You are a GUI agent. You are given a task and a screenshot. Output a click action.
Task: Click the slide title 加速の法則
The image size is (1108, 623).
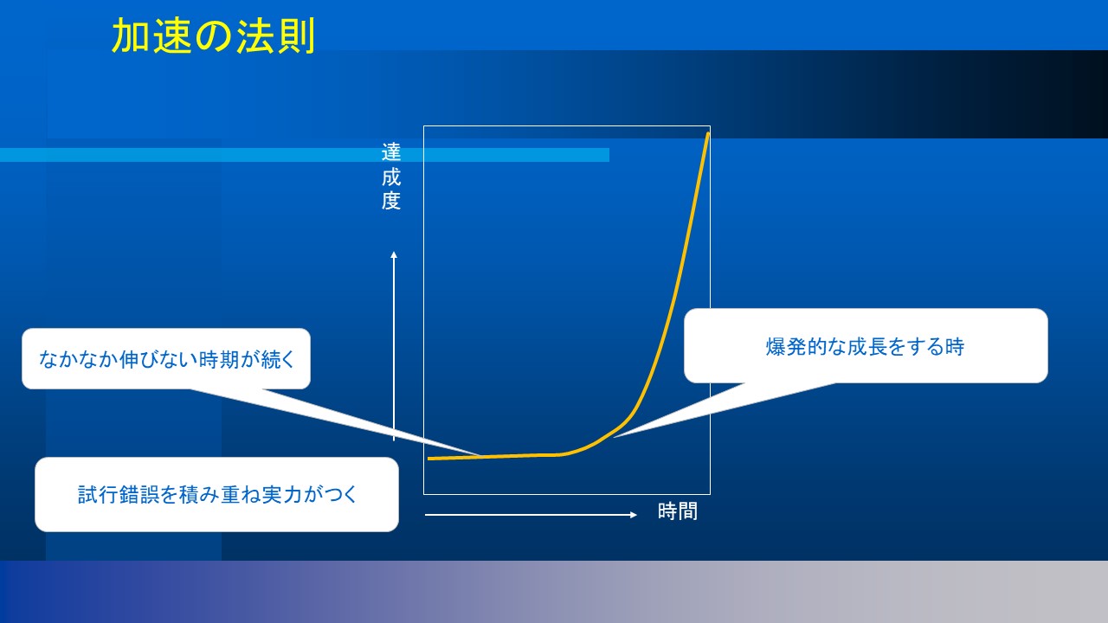[x=213, y=35]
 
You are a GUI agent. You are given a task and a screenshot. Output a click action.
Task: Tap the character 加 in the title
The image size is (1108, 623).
[x=131, y=36]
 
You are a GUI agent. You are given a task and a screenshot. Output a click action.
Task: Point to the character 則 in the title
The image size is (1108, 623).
[x=296, y=36]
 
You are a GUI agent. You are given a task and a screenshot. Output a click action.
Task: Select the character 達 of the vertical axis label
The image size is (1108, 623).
[x=390, y=152]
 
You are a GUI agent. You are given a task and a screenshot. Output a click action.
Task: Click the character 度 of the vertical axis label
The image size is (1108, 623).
[x=390, y=201]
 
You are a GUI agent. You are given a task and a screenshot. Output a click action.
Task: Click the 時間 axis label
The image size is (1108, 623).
[x=678, y=511]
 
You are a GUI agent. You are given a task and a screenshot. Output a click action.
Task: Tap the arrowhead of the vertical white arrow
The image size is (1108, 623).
[x=394, y=254]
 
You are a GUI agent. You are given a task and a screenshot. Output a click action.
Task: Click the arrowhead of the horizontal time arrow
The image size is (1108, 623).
[x=633, y=515]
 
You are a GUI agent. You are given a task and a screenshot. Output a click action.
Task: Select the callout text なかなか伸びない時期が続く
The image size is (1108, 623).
[x=167, y=359]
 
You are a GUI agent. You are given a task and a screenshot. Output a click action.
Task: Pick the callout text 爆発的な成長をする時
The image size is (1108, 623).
[x=865, y=347]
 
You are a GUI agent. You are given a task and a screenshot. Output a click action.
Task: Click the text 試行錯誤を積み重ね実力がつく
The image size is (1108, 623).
[x=217, y=494]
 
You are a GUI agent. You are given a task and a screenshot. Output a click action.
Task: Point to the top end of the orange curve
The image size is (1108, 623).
[x=708, y=132]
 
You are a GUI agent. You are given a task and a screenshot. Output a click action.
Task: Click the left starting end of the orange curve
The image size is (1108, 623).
[x=429, y=459]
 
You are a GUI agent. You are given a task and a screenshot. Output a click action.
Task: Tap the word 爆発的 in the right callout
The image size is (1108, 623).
[x=796, y=347]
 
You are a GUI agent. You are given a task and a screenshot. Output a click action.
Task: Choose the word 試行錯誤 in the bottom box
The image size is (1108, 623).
[x=119, y=494]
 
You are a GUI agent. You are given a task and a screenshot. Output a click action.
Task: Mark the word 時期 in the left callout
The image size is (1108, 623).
[x=219, y=359]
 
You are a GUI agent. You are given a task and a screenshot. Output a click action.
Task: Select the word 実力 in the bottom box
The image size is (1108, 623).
[x=282, y=494]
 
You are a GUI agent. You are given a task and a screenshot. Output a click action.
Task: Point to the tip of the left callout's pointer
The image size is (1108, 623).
[x=479, y=455]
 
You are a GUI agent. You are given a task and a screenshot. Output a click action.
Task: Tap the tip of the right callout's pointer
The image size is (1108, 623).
[x=614, y=437]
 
